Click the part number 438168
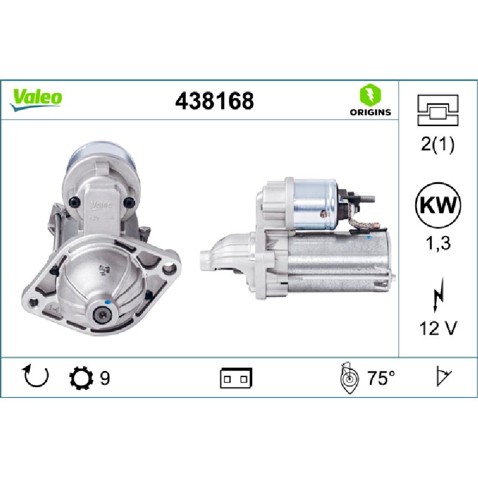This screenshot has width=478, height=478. tap(215, 100)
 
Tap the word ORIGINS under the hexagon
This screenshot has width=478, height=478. tap(370, 112)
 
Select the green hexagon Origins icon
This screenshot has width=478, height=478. tap(370, 95)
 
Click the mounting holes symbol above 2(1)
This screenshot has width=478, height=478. tap(438, 110)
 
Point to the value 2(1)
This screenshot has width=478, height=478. tap(438, 144)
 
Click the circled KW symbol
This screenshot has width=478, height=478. tap(438, 205)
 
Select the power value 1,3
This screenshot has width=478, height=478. tap(438, 243)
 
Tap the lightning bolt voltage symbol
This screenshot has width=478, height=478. tap(438, 295)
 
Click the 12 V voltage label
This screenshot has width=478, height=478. tap(438, 328)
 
